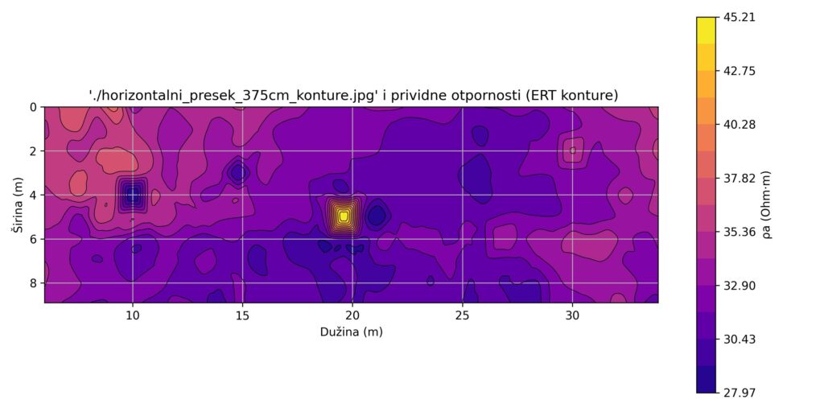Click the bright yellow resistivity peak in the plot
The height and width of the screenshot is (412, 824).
(x=343, y=216)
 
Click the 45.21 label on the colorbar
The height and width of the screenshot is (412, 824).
(x=740, y=18)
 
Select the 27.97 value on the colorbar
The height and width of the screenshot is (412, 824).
(x=740, y=393)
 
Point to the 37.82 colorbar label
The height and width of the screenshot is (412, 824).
(x=740, y=178)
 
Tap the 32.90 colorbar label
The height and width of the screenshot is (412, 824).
(x=740, y=286)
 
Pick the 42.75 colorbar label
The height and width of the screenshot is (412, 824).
(x=740, y=71)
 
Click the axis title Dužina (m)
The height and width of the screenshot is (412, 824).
(x=351, y=332)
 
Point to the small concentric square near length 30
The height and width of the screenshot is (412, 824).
(x=572, y=150)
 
